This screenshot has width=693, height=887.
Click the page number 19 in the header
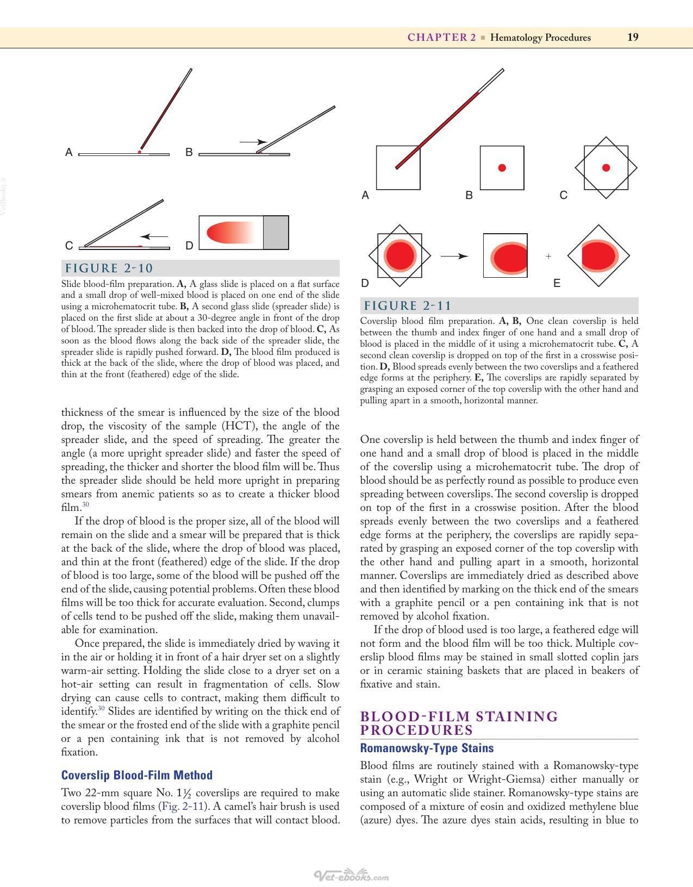coord(633,38)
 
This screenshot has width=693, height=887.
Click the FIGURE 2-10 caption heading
coord(109,268)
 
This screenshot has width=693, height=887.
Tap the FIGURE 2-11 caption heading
coord(408,306)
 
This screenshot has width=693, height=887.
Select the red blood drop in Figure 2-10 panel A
coord(140,152)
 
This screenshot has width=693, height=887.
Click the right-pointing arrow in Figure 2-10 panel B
coord(253,142)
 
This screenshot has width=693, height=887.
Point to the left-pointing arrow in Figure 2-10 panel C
coord(154,236)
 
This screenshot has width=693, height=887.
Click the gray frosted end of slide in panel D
coord(276,232)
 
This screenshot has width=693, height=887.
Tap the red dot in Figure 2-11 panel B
coord(502,168)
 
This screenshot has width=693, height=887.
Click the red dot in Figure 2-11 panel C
coord(606,167)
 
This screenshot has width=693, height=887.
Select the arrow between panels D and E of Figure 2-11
coord(454,257)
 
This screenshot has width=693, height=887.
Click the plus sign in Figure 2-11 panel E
coord(548,257)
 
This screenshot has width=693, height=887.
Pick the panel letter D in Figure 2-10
coord(189,246)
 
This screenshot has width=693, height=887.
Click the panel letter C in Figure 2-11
coord(564,195)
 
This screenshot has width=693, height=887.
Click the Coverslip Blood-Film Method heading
coord(137,775)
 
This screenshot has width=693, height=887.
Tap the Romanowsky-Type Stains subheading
coord(427,748)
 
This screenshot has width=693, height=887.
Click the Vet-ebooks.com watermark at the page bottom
coord(351,874)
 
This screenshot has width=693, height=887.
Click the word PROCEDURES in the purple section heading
coord(417,730)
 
